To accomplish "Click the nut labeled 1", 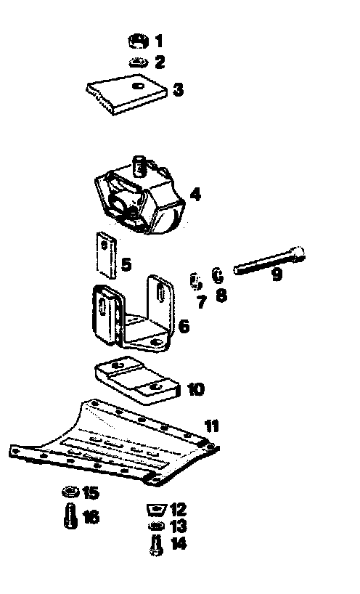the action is (138, 41).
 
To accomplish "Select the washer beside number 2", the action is (139, 62).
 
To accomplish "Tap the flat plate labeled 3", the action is (126, 94).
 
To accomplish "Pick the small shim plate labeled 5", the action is (106, 256).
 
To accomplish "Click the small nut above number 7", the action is (196, 281).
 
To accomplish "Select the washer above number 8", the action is (217, 275).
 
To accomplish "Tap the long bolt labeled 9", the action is (269, 259).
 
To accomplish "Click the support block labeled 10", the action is (136, 380).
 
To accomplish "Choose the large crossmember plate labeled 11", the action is (113, 443).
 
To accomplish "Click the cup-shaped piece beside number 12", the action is (156, 510).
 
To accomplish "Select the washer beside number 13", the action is (156, 526).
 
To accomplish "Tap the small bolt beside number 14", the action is (157, 545).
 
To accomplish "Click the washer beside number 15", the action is (70, 492).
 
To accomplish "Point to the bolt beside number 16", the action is (70, 515).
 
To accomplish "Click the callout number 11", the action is (212, 426).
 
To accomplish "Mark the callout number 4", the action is (195, 195).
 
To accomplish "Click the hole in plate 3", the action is (138, 86).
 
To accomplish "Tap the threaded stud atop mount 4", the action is (139, 166).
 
